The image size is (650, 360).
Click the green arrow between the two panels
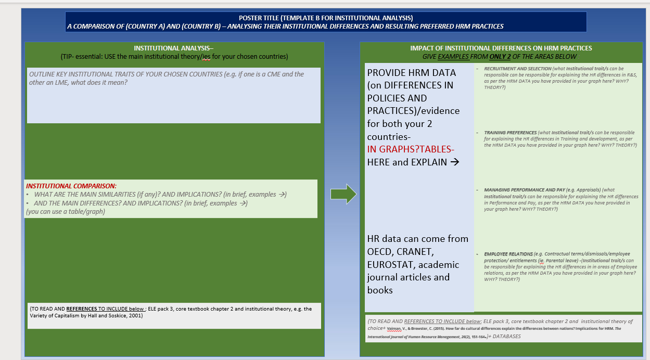click(343, 194)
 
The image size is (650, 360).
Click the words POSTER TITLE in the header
click(260, 18)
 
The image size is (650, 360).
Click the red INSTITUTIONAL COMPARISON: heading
click(71, 186)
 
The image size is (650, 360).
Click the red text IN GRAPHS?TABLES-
click(411, 149)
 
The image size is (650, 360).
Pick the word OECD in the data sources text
click(381, 252)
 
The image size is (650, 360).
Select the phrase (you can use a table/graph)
click(65, 212)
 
